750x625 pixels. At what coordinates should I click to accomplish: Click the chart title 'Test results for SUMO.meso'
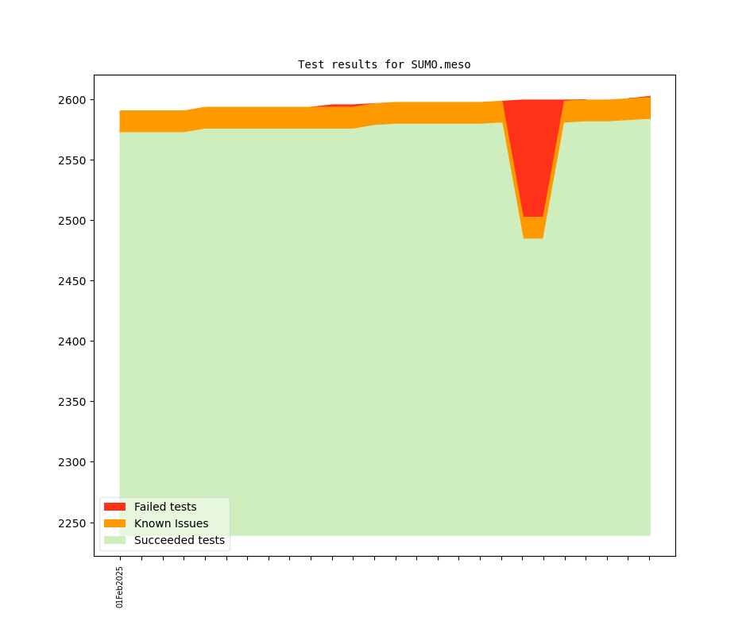coord(384,64)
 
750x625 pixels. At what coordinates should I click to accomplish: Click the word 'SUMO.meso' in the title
coord(440,64)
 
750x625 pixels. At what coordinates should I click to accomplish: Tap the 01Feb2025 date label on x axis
coord(120,587)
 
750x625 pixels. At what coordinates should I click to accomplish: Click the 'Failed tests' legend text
coord(165,507)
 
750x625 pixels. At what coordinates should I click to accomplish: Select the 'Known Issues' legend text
coord(171,523)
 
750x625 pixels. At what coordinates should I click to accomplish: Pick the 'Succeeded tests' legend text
coord(180,540)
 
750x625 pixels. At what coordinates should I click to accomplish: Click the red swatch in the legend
coord(114,507)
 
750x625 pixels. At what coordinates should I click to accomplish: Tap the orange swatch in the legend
coord(114,523)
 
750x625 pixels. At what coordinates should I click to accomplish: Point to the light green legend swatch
coord(114,540)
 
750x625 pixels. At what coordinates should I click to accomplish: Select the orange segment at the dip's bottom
coord(533,228)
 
